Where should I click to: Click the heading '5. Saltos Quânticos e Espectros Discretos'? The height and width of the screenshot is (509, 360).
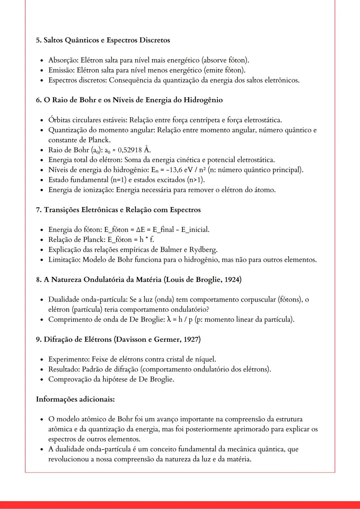tap(103, 40)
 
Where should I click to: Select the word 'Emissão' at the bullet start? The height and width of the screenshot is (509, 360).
tap(61, 70)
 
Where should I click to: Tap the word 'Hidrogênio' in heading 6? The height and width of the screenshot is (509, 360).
tap(203, 100)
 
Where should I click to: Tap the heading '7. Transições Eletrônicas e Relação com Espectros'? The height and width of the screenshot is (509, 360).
tap(118, 210)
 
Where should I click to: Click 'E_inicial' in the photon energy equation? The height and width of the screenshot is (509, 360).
tap(195, 230)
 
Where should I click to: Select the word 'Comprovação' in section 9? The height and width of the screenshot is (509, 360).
tap(70, 379)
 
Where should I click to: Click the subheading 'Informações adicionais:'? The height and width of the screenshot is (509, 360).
tap(75, 399)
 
